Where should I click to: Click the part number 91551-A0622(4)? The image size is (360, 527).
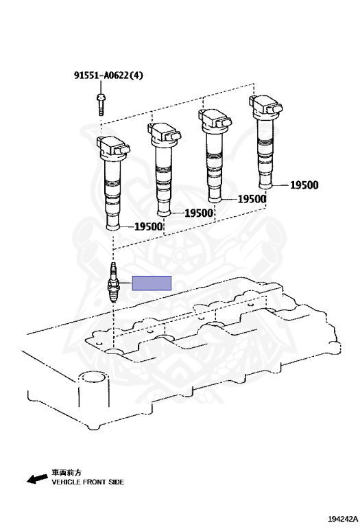coord(108,75)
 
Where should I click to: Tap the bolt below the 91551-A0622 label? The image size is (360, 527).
coord(101,104)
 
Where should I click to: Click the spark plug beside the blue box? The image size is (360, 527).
coord(113,282)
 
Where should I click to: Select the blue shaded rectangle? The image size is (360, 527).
coord(152,283)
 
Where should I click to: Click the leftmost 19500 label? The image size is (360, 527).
coord(148,226)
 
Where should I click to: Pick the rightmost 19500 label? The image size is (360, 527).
coord(304,185)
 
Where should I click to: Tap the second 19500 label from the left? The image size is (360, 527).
coord(199,213)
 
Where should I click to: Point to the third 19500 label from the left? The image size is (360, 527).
coord(252,199)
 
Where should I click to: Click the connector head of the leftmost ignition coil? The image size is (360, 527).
coord(113,147)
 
